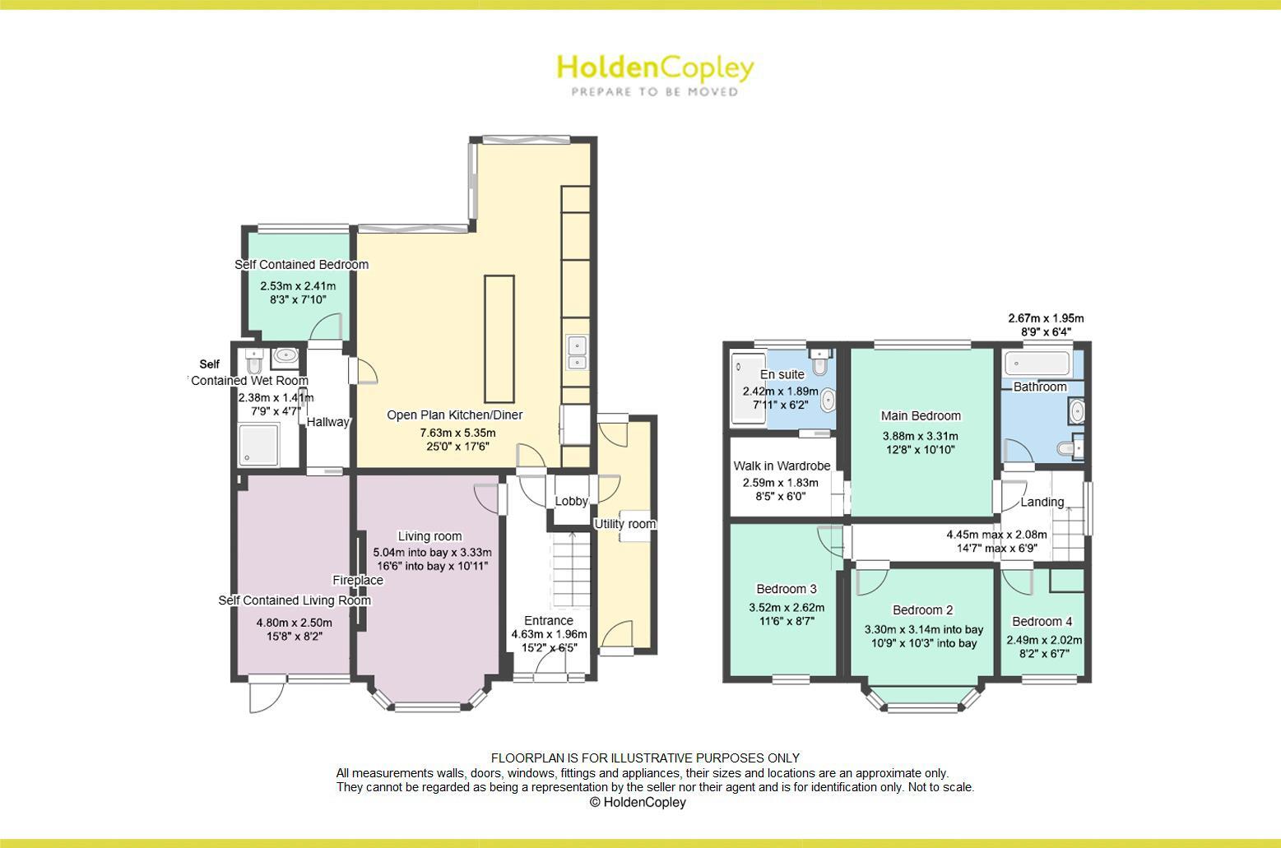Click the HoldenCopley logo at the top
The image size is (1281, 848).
point(655,74)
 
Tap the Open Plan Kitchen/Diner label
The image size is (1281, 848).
point(455,415)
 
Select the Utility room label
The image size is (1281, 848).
point(625,524)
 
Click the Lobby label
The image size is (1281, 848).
point(571,501)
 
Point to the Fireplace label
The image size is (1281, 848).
point(358,581)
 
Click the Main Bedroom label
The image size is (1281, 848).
point(921,415)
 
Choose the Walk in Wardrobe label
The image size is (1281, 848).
point(782,466)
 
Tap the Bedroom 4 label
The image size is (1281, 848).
point(1042,622)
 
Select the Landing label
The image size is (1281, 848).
point(1042,502)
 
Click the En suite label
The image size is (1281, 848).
point(782,374)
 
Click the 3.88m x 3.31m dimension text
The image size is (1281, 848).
point(920,436)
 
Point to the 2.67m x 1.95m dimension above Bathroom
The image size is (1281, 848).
point(1046,318)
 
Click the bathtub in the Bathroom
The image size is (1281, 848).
point(1037,362)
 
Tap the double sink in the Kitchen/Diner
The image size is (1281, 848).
point(576,353)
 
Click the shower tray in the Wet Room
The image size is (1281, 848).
point(258,444)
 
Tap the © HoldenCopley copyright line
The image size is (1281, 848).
point(638,802)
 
